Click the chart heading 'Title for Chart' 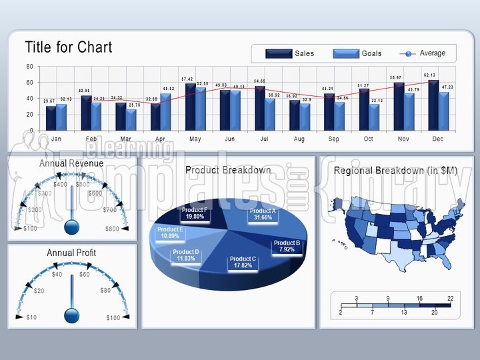click(x=69, y=47)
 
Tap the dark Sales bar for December click(x=433, y=105)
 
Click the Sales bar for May click(x=191, y=106)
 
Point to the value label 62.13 click(x=429, y=75)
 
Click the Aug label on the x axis click(x=299, y=139)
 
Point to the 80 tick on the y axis click(x=29, y=67)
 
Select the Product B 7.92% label click(x=287, y=247)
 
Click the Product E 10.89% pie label click(x=171, y=233)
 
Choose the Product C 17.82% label click(x=243, y=262)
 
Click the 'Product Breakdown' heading click(x=228, y=170)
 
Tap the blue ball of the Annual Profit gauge click(x=71, y=313)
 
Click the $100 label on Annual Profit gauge click(x=113, y=317)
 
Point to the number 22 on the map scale click(x=451, y=299)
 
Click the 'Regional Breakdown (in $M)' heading click(x=395, y=171)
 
